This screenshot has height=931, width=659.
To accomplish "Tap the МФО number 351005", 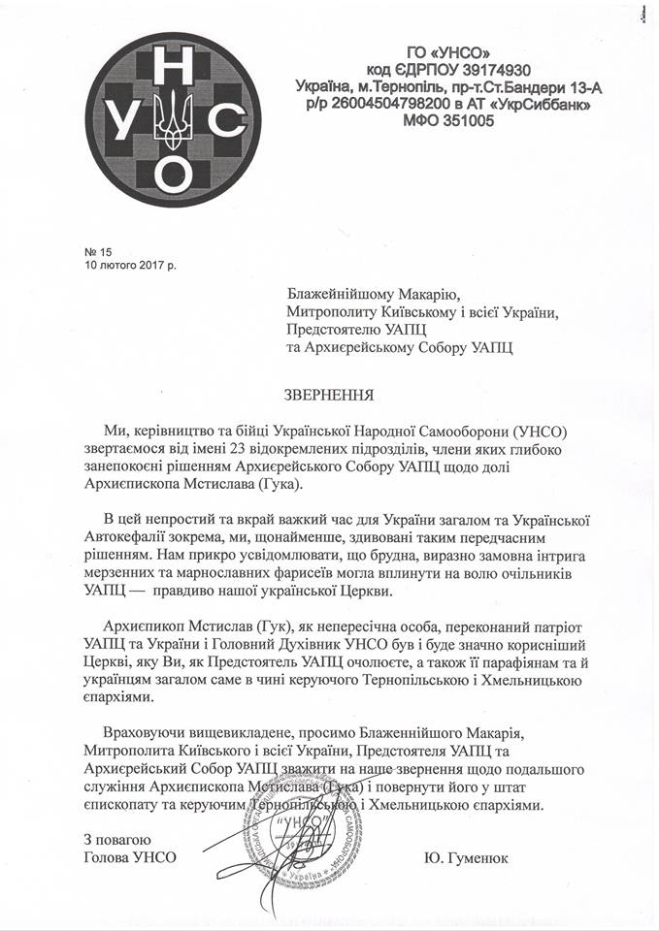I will point(468,121).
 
